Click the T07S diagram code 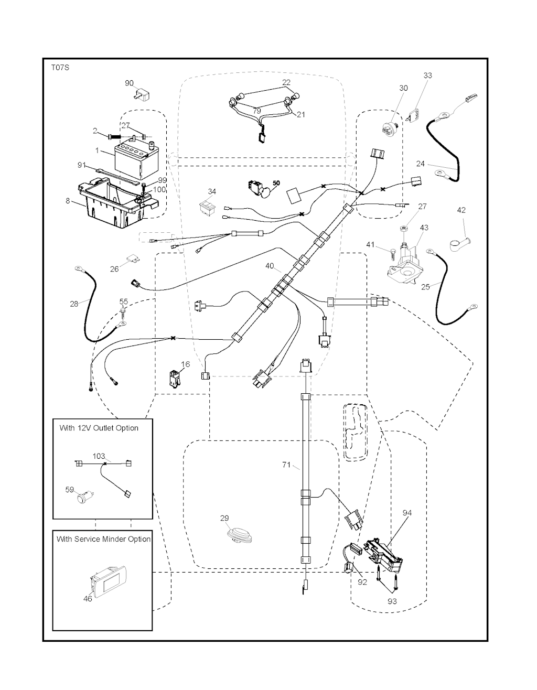60,68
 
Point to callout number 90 130,83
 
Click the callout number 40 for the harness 270,266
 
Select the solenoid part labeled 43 406,260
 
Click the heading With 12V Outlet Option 99,428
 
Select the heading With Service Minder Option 103,539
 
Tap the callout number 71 286,465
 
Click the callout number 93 392,601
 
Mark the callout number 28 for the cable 74,303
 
